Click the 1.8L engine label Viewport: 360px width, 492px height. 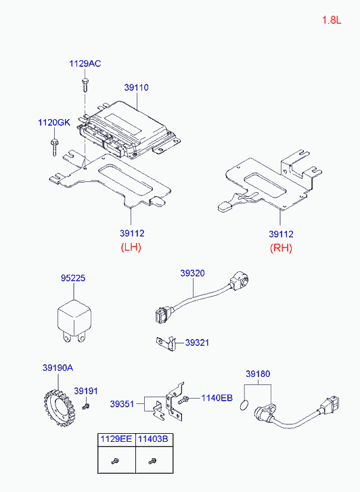click(x=332, y=20)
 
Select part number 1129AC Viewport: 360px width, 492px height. click(x=85, y=64)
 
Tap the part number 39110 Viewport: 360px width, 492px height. click(x=136, y=87)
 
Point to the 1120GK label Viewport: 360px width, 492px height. click(x=53, y=122)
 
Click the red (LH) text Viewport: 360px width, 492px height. click(x=130, y=247)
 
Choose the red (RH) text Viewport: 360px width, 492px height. click(x=281, y=247)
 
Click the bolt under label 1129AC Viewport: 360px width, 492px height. click(x=85, y=84)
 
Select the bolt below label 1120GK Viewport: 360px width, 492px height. click(x=54, y=145)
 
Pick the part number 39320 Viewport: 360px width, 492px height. click(x=192, y=273)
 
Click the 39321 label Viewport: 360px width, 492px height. click(x=197, y=342)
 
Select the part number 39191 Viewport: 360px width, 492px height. click(x=86, y=391)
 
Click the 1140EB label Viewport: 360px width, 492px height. click(x=217, y=397)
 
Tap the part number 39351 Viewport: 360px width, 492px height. click(x=122, y=404)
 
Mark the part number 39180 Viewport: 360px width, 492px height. click(x=257, y=374)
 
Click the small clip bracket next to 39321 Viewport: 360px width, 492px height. click(x=165, y=344)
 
